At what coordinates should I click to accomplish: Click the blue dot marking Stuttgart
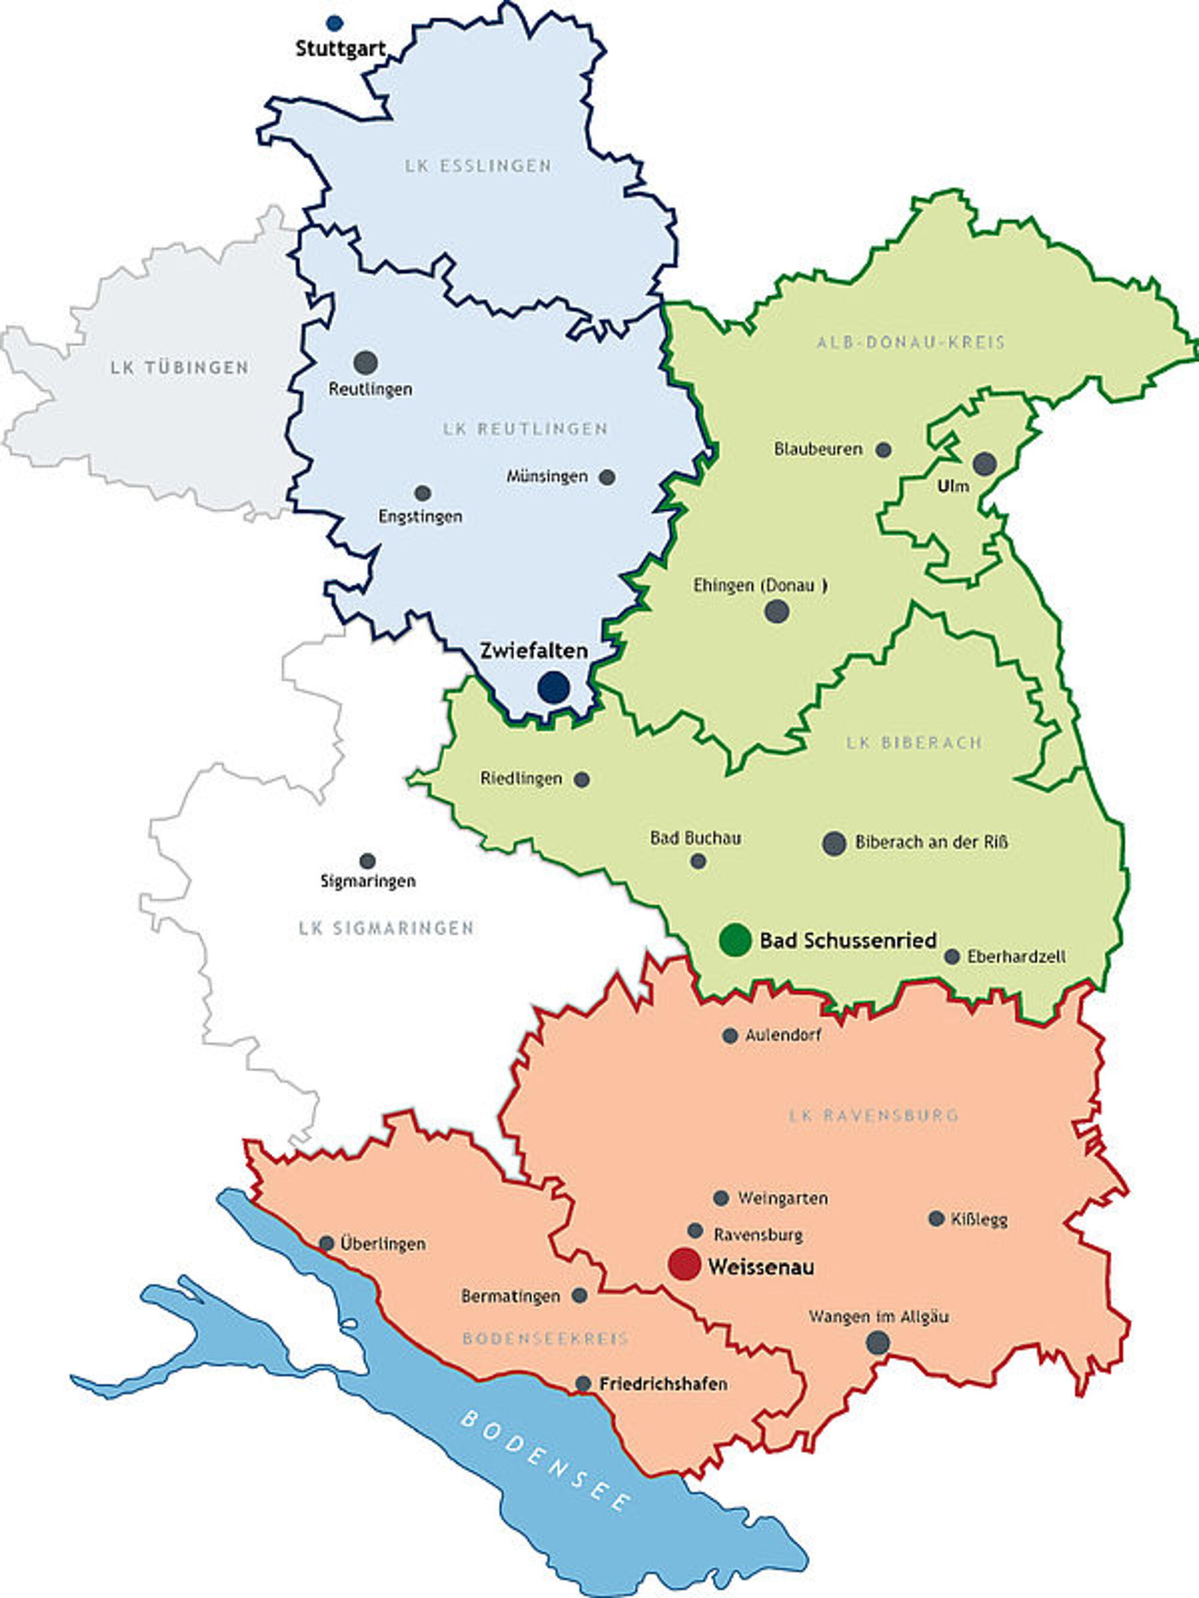334,23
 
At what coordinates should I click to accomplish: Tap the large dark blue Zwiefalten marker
553,687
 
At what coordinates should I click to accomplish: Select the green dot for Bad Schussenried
735,940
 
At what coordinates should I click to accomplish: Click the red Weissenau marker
685,1264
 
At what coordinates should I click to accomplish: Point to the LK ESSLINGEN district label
478,165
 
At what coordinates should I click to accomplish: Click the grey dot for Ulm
984,464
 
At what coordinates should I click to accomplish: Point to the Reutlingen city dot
366,363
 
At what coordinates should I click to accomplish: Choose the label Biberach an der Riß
931,842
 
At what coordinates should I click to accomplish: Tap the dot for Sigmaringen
367,861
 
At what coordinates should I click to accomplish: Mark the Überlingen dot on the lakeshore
327,1243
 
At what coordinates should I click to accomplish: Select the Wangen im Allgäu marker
878,1342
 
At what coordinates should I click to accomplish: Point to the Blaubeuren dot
883,450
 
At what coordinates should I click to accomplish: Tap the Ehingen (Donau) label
760,585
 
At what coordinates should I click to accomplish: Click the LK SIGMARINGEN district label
386,928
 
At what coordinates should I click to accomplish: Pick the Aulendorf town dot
730,1035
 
